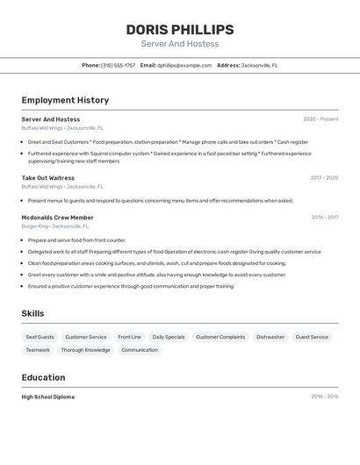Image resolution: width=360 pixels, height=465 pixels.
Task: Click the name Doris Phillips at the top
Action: tap(179, 29)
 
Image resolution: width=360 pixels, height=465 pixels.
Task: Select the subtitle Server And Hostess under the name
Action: tap(179, 44)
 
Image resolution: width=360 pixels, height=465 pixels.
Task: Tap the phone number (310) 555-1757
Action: tap(118, 65)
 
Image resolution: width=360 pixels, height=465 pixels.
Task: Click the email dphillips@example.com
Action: tap(184, 65)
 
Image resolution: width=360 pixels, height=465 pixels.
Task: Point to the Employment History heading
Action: tap(65, 100)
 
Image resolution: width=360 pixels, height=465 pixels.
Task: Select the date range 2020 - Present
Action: tap(320, 119)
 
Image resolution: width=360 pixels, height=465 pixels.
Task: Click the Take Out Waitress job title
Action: tap(48, 178)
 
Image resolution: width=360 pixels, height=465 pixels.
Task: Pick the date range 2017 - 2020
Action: tap(324, 178)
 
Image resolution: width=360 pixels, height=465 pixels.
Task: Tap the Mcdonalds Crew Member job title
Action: tap(57, 218)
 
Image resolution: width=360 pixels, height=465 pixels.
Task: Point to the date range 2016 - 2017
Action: tap(324, 218)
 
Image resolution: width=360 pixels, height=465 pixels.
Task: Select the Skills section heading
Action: tap(32, 313)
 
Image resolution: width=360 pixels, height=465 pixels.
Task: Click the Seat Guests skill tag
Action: tap(40, 337)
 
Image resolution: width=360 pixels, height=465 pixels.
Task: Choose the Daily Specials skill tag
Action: tap(169, 337)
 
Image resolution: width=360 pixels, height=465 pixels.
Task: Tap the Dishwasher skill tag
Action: tap(270, 337)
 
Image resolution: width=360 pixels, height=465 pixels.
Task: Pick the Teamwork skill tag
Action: tap(38, 350)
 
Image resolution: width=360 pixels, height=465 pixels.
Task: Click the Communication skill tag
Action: tap(140, 350)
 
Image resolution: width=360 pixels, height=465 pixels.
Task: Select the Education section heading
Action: tap(43, 377)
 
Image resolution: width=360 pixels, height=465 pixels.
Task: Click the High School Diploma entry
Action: tap(48, 397)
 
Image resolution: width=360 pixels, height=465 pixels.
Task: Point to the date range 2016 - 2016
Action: tap(324, 397)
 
